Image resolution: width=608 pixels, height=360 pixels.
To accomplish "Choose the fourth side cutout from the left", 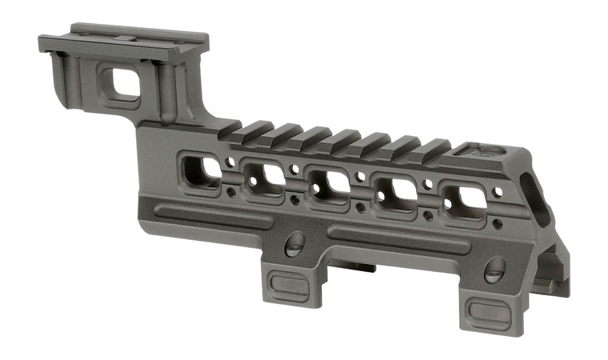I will pyautogui.click(x=396, y=191).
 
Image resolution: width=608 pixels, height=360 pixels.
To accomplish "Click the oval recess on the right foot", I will pyautogui.click(x=489, y=310).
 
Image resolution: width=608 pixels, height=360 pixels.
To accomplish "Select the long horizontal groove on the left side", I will pyautogui.click(x=212, y=214).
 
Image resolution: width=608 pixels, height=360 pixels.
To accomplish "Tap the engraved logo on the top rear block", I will pyautogui.click(x=481, y=150).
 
